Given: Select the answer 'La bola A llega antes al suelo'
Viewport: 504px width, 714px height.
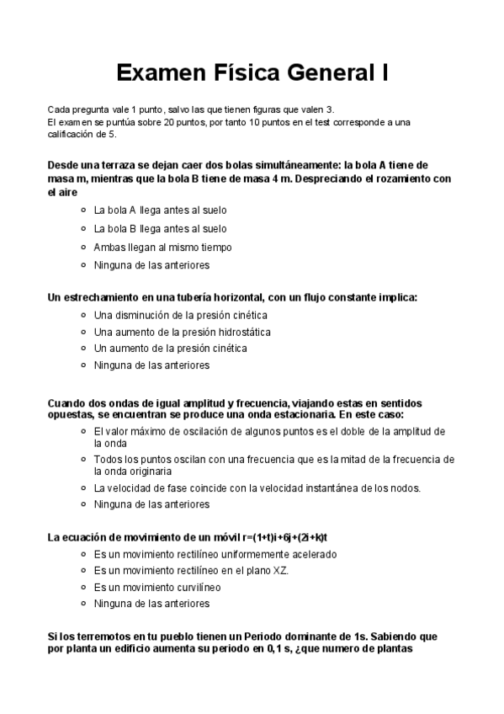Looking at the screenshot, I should pos(160,210).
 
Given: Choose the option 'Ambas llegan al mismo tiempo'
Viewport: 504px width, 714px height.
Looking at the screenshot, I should pos(162,247).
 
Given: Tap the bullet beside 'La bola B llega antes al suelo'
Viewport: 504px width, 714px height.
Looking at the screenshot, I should pos(82,228).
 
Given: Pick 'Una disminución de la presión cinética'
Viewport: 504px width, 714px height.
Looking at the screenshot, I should pos(180,315).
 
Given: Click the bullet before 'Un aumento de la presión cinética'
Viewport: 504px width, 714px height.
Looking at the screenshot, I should pos(82,349).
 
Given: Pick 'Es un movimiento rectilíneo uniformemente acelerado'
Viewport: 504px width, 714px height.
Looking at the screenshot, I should pos(215,554).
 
